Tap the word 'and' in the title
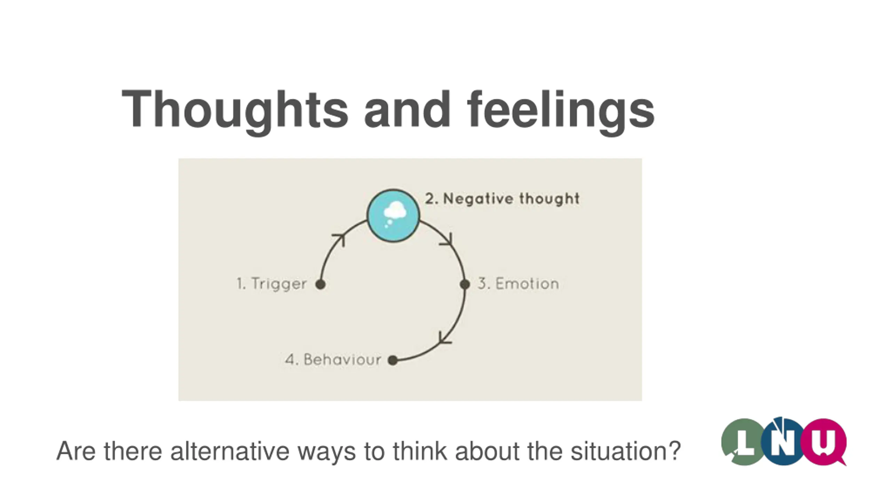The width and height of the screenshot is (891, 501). [x=407, y=110]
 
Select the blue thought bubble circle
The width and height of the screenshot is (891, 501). [x=393, y=216]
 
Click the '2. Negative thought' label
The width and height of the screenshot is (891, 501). [x=502, y=199]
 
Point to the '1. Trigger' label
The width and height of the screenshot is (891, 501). [x=272, y=284]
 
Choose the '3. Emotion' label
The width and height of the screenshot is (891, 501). [x=518, y=284]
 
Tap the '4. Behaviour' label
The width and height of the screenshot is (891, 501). [x=333, y=359]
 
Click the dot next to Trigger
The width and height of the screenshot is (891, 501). [x=321, y=284]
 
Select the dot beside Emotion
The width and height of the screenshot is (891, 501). [x=465, y=284]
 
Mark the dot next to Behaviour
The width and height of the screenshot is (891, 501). [x=393, y=360]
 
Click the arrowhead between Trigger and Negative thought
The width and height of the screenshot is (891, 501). [x=340, y=239]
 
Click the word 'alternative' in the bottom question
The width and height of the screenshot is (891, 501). [x=230, y=451]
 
